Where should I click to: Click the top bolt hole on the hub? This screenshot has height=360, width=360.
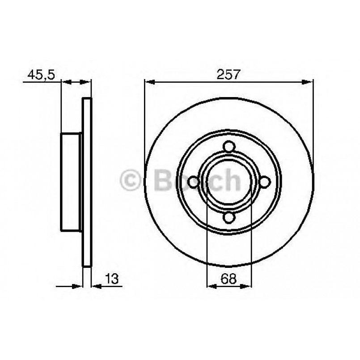pos(229,147)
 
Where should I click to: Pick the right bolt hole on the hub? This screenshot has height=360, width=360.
pos(264,182)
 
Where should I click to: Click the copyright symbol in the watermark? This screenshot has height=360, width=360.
pos(131,181)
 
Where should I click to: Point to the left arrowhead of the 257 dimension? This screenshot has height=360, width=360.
pos(149,82)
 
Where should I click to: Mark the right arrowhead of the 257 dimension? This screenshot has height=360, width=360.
pos(308,82)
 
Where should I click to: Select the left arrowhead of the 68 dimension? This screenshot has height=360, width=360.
pos(211,287)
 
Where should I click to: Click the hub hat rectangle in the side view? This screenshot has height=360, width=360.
pos(71,182)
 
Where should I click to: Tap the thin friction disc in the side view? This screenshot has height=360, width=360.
pos(87,182)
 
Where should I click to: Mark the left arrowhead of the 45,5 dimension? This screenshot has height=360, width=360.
pos(65,82)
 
